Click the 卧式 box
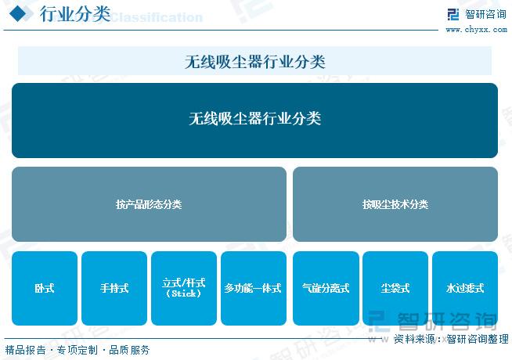pos(45,288)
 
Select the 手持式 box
pos(114,288)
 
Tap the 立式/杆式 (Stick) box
pos(184,288)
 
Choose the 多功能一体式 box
pos(254,288)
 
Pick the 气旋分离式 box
pos(326,288)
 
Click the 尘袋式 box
pos(395,288)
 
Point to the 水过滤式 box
pos(465,288)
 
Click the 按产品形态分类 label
pos(149,204)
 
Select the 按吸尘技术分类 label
pos(395,204)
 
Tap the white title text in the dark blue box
pos(254,118)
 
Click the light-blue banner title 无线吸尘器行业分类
pos(254,62)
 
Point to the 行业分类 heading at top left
pos(75,14)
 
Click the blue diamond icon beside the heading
pos(18,14)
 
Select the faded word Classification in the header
pos(157,17)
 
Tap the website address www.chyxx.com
pos(477,30)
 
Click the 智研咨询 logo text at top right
pos(485,14)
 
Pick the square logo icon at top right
pos(453,14)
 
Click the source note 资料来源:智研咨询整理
pos(451,339)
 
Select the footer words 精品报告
pos(26,350)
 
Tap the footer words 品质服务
pos(129,350)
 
